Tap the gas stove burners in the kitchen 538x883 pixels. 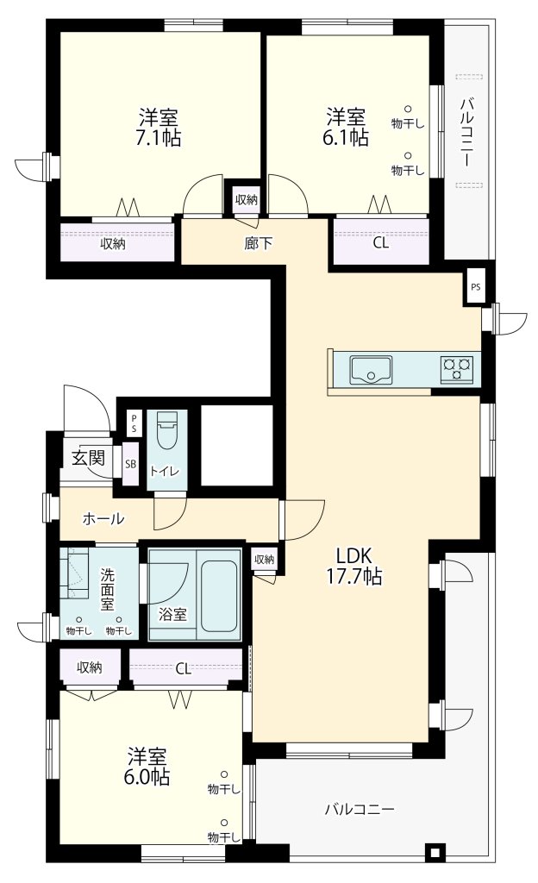pyautogui.click(x=457, y=369)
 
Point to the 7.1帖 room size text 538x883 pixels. pyautogui.click(x=158, y=138)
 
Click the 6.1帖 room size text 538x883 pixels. pyautogui.click(x=346, y=137)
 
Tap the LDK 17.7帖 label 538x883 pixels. pyautogui.click(x=354, y=566)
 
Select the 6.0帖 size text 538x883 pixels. pyautogui.click(x=147, y=778)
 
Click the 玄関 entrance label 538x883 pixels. pyautogui.click(x=88, y=457)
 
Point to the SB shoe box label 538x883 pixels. pyautogui.click(x=130, y=465)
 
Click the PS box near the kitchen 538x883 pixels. pyautogui.click(x=476, y=286)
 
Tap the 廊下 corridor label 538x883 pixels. pyautogui.click(x=259, y=243)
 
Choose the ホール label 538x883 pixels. pyautogui.click(x=103, y=518)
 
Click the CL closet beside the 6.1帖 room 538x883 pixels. pyautogui.click(x=381, y=242)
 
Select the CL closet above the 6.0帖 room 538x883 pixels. pyautogui.click(x=185, y=668)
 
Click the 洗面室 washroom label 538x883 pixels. pyautogui.click(x=108, y=590)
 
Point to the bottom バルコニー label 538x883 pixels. pyautogui.click(x=360, y=810)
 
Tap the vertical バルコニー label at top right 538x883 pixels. pyautogui.click(x=466, y=133)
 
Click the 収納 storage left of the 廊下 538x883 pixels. pyautogui.click(x=113, y=244)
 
